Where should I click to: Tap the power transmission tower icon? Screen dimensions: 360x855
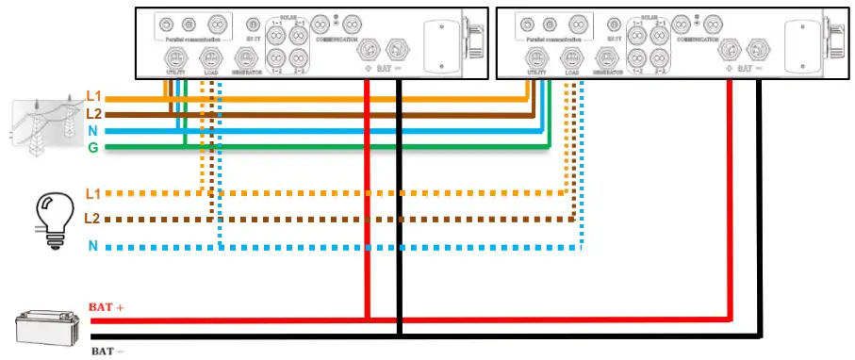(x=43, y=123)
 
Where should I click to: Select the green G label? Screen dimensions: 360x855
(x=92, y=147)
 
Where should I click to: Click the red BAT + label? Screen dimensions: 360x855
(x=107, y=308)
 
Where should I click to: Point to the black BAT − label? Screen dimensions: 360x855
(x=107, y=351)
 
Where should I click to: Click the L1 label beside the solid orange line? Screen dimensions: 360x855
(x=92, y=96)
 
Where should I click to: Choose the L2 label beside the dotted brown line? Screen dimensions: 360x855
(x=92, y=219)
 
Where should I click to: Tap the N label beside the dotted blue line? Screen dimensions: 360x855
(x=92, y=247)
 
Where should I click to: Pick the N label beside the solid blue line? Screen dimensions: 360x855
(x=92, y=130)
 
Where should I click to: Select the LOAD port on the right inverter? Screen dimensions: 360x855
(x=568, y=57)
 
